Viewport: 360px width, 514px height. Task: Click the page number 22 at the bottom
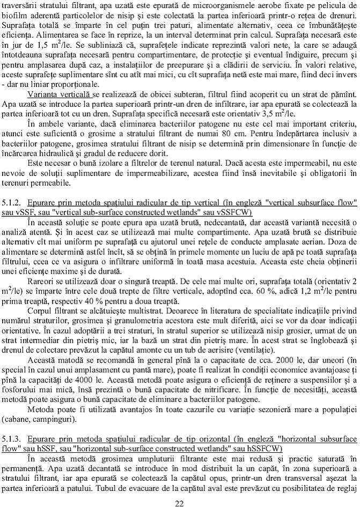(x=180, y=503)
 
